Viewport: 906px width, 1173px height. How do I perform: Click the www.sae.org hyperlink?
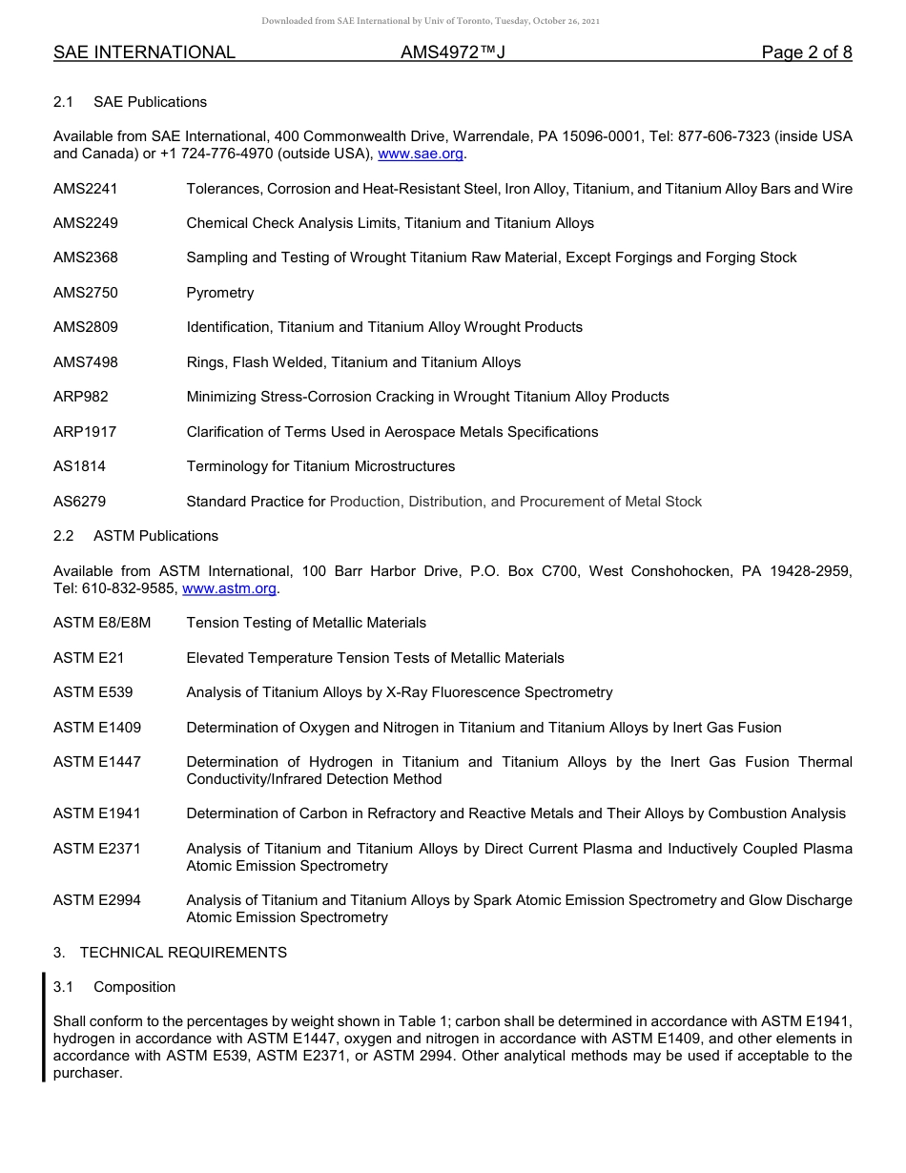[421, 154]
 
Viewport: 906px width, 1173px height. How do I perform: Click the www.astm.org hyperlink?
[229, 588]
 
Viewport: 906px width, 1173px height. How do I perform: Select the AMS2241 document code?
[86, 189]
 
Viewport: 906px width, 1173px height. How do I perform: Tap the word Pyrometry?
[220, 293]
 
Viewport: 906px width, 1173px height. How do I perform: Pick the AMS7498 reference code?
[86, 362]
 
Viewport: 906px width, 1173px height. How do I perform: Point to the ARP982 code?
[81, 397]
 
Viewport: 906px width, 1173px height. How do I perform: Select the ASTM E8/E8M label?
[102, 623]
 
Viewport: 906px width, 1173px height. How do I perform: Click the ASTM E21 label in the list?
[89, 658]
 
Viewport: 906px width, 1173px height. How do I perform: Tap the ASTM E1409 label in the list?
[97, 728]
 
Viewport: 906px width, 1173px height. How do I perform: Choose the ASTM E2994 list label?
[97, 900]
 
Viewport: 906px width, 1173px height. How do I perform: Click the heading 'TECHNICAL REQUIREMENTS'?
[183, 953]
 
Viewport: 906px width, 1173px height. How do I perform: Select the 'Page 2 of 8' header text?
[806, 52]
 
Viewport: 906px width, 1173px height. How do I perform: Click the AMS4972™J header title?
[452, 52]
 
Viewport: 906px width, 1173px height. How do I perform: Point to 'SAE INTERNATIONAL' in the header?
[144, 52]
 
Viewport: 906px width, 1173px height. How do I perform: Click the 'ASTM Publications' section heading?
[155, 536]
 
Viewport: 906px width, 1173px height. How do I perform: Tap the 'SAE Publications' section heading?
[150, 102]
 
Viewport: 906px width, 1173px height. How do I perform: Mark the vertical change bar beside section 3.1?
[43, 1026]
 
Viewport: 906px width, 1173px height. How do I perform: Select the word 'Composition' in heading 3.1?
[134, 987]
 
